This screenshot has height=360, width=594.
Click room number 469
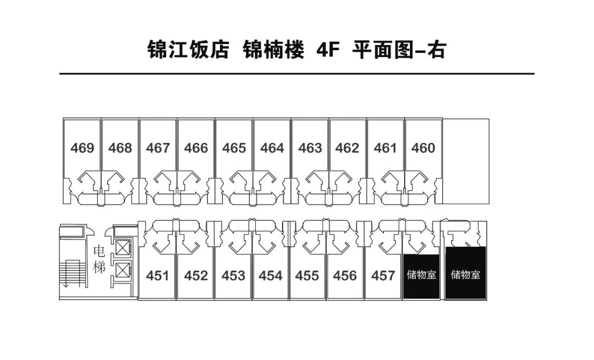(82, 148)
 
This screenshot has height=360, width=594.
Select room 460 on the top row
(423, 148)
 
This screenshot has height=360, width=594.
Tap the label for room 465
(234, 148)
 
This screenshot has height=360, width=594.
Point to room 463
(310, 148)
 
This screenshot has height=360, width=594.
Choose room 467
(158, 148)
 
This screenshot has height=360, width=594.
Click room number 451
(157, 275)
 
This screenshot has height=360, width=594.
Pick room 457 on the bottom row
(383, 275)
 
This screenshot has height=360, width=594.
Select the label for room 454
(271, 275)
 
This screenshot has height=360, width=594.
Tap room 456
(345, 275)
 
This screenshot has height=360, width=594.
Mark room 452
(196, 275)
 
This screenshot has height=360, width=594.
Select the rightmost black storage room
(465, 274)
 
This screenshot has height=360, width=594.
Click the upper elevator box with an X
(122, 248)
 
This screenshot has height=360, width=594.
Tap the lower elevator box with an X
(122, 270)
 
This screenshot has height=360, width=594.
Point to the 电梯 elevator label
(99, 260)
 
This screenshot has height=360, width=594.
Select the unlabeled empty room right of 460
(465, 159)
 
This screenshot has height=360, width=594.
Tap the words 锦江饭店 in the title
(188, 50)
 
